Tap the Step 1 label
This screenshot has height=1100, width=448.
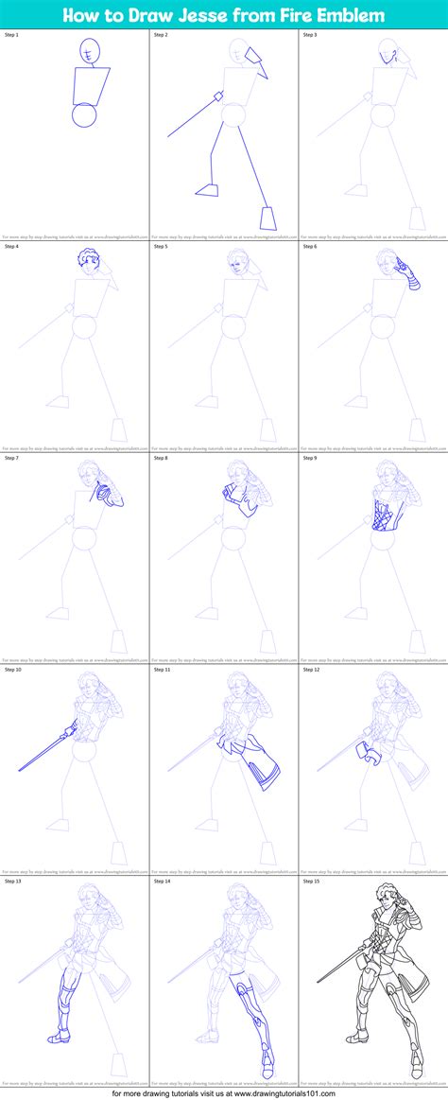click(11, 34)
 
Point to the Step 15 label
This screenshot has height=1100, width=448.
click(312, 881)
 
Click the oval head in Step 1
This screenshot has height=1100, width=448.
click(89, 51)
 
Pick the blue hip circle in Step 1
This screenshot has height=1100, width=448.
click(84, 115)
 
